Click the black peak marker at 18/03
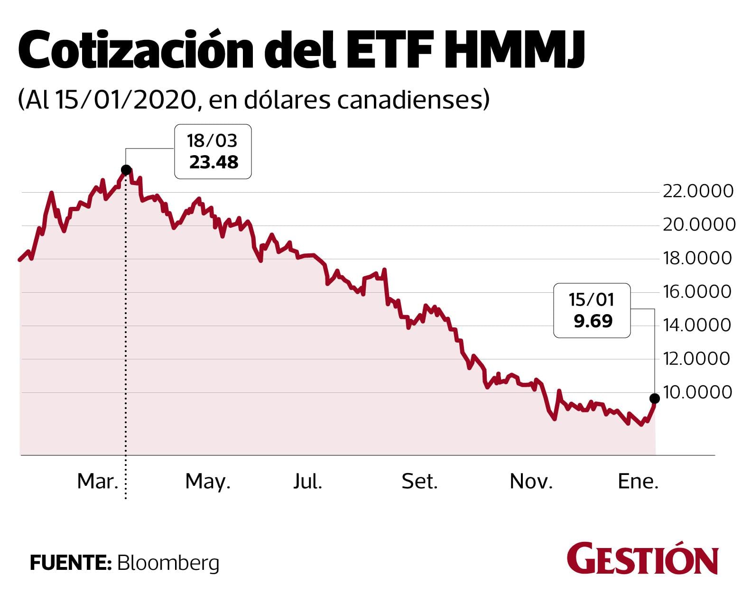(x=126, y=170)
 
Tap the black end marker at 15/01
(x=655, y=398)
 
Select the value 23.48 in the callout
(x=213, y=162)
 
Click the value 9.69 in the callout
(x=593, y=321)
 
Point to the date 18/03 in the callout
(x=212, y=141)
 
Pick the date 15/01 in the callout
(x=592, y=300)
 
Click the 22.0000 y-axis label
(x=698, y=191)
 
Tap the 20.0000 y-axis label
(x=698, y=225)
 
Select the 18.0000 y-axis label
(x=698, y=258)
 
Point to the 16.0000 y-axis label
(x=698, y=291)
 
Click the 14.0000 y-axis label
(x=698, y=325)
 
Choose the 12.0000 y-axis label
(x=698, y=358)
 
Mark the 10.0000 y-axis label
(x=698, y=392)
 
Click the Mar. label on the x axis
(x=98, y=482)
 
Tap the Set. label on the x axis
(x=419, y=482)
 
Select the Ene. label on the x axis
(x=638, y=482)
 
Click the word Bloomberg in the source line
(x=168, y=563)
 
